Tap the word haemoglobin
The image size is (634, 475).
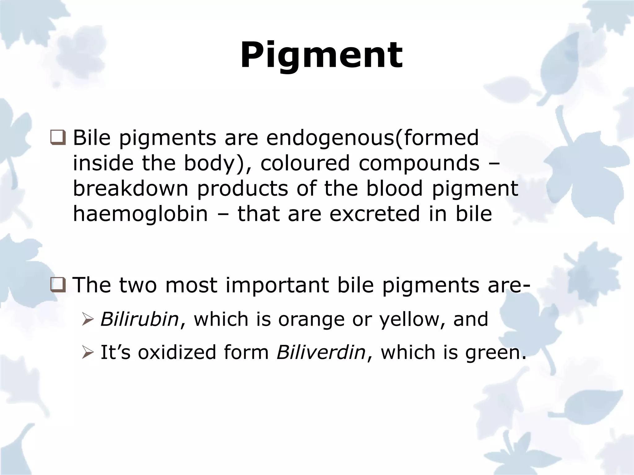(140, 214)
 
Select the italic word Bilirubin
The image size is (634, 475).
(140, 319)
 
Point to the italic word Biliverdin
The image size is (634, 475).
(321, 352)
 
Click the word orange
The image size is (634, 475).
(311, 320)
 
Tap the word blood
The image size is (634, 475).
(394, 188)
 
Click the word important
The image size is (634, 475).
(277, 285)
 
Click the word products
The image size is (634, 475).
(242, 189)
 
